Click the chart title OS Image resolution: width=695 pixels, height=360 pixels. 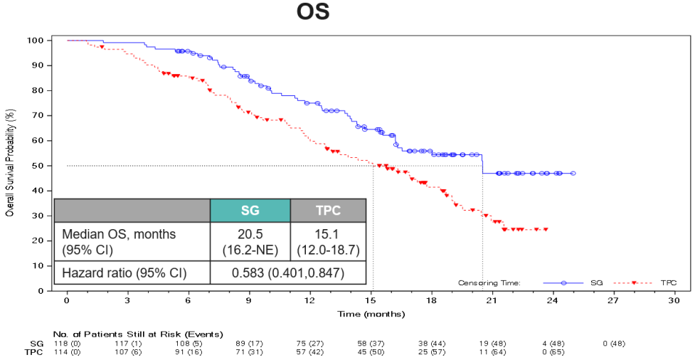coord(313,14)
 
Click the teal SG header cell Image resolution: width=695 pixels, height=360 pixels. coord(250,211)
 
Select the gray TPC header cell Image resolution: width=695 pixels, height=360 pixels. coord(328,211)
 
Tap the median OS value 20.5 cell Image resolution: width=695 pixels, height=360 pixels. coord(250,242)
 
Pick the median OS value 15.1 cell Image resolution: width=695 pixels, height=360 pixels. coord(328,242)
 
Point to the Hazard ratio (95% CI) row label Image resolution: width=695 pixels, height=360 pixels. coord(124,273)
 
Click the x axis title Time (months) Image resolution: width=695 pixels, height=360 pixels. coord(371,314)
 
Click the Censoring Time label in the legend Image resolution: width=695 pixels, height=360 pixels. coord(489,282)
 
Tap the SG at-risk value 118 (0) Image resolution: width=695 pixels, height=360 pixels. coord(68,343)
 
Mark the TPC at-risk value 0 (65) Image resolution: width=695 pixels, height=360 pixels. coord(553,351)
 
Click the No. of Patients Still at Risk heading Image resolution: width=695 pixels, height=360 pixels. coord(138,334)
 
